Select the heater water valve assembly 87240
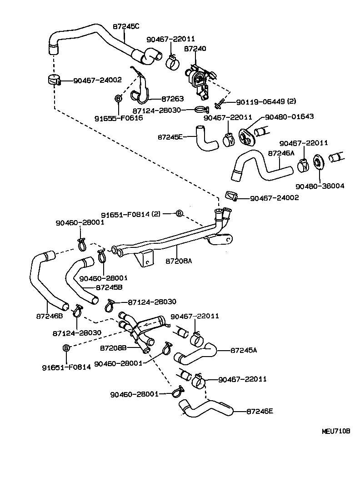(x=198, y=79)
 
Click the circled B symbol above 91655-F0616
(x=118, y=98)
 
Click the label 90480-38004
(x=320, y=186)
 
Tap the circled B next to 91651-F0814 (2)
(x=179, y=213)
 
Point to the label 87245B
(x=109, y=287)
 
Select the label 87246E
(x=260, y=412)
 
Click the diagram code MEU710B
(x=336, y=431)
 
